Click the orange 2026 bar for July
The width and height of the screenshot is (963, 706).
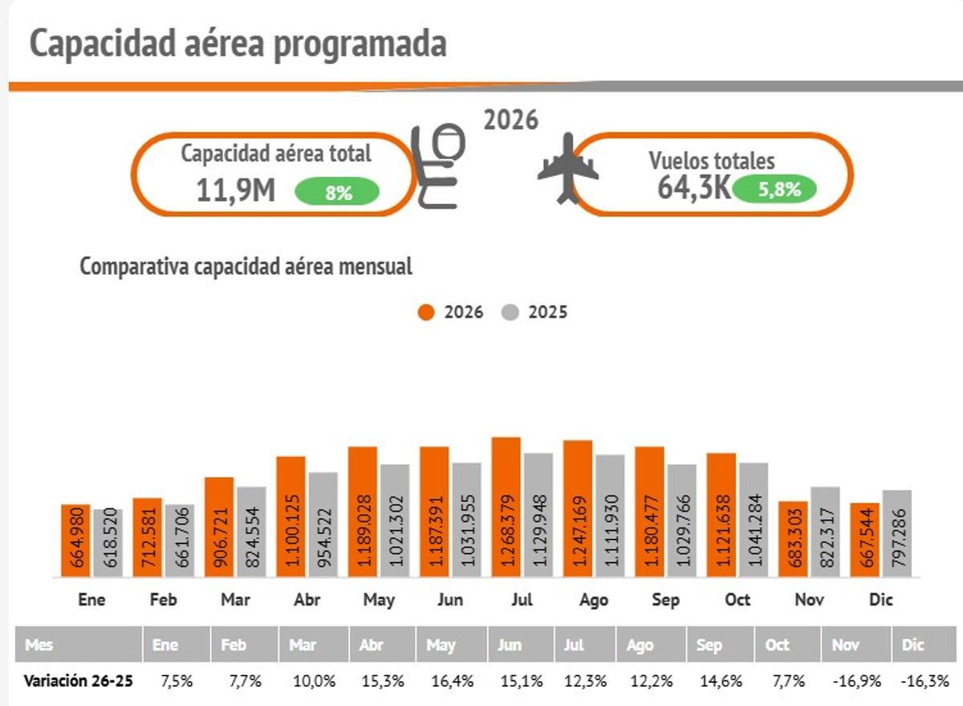coord(506,507)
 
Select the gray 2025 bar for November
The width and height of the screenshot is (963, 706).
coord(824,532)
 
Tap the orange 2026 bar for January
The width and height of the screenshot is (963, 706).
coord(75,541)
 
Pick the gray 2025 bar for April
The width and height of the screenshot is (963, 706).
coord(323,524)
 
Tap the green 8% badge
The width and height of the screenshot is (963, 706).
coord(337,193)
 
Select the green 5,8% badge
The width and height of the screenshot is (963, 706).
coord(774,190)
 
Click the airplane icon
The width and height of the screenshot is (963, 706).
coord(567,168)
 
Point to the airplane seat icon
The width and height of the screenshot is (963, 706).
coord(438,166)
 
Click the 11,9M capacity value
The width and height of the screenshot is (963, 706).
coord(236,191)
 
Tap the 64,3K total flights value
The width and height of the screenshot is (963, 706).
coord(694,188)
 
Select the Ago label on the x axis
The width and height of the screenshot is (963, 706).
coord(594,600)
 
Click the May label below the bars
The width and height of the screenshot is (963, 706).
coord(379,600)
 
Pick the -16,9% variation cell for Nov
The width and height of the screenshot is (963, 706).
coord(858,682)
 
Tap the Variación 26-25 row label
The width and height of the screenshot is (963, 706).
coord(78,682)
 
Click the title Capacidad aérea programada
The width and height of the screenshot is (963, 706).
coord(238,44)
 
